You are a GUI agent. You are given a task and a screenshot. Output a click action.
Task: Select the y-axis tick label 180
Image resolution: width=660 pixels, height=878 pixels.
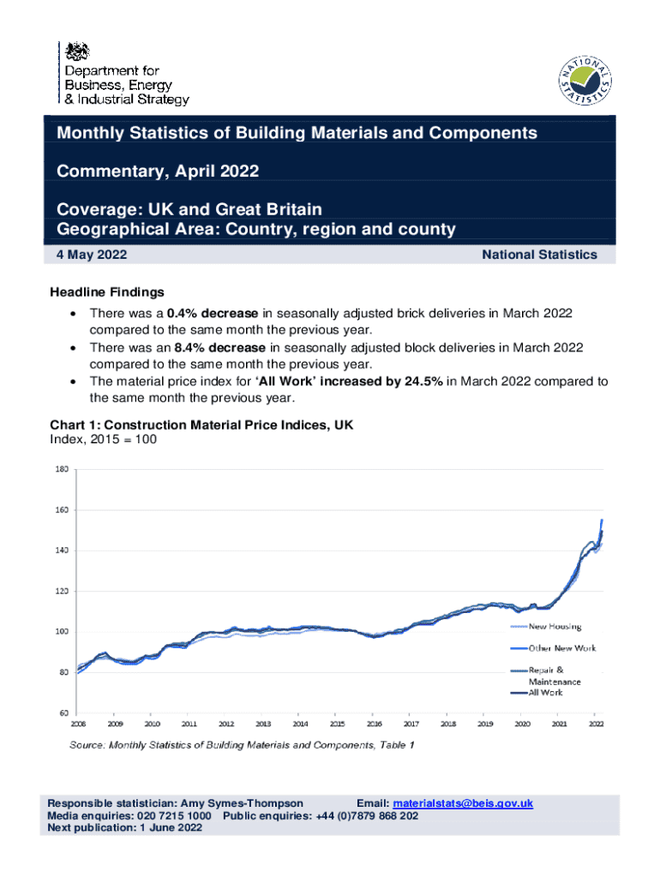[x=63, y=469]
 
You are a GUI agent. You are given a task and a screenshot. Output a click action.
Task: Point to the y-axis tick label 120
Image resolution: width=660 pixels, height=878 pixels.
[x=63, y=591]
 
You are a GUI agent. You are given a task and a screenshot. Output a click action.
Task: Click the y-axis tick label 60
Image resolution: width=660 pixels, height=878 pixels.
[x=64, y=713]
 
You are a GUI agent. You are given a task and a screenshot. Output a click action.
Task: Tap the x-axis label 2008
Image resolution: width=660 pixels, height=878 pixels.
[x=79, y=724]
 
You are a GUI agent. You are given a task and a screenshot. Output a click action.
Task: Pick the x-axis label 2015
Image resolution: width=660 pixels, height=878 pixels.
[x=338, y=724]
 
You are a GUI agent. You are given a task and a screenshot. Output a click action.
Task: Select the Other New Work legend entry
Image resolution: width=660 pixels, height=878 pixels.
[x=561, y=647]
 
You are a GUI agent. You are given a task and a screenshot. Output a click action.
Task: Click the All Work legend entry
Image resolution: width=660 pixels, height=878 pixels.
[x=549, y=692]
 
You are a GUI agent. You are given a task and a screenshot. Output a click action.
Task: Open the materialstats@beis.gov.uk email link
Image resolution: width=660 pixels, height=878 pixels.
[x=463, y=803]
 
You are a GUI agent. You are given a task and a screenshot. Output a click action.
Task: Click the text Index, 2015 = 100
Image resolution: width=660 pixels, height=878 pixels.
[x=105, y=439]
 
